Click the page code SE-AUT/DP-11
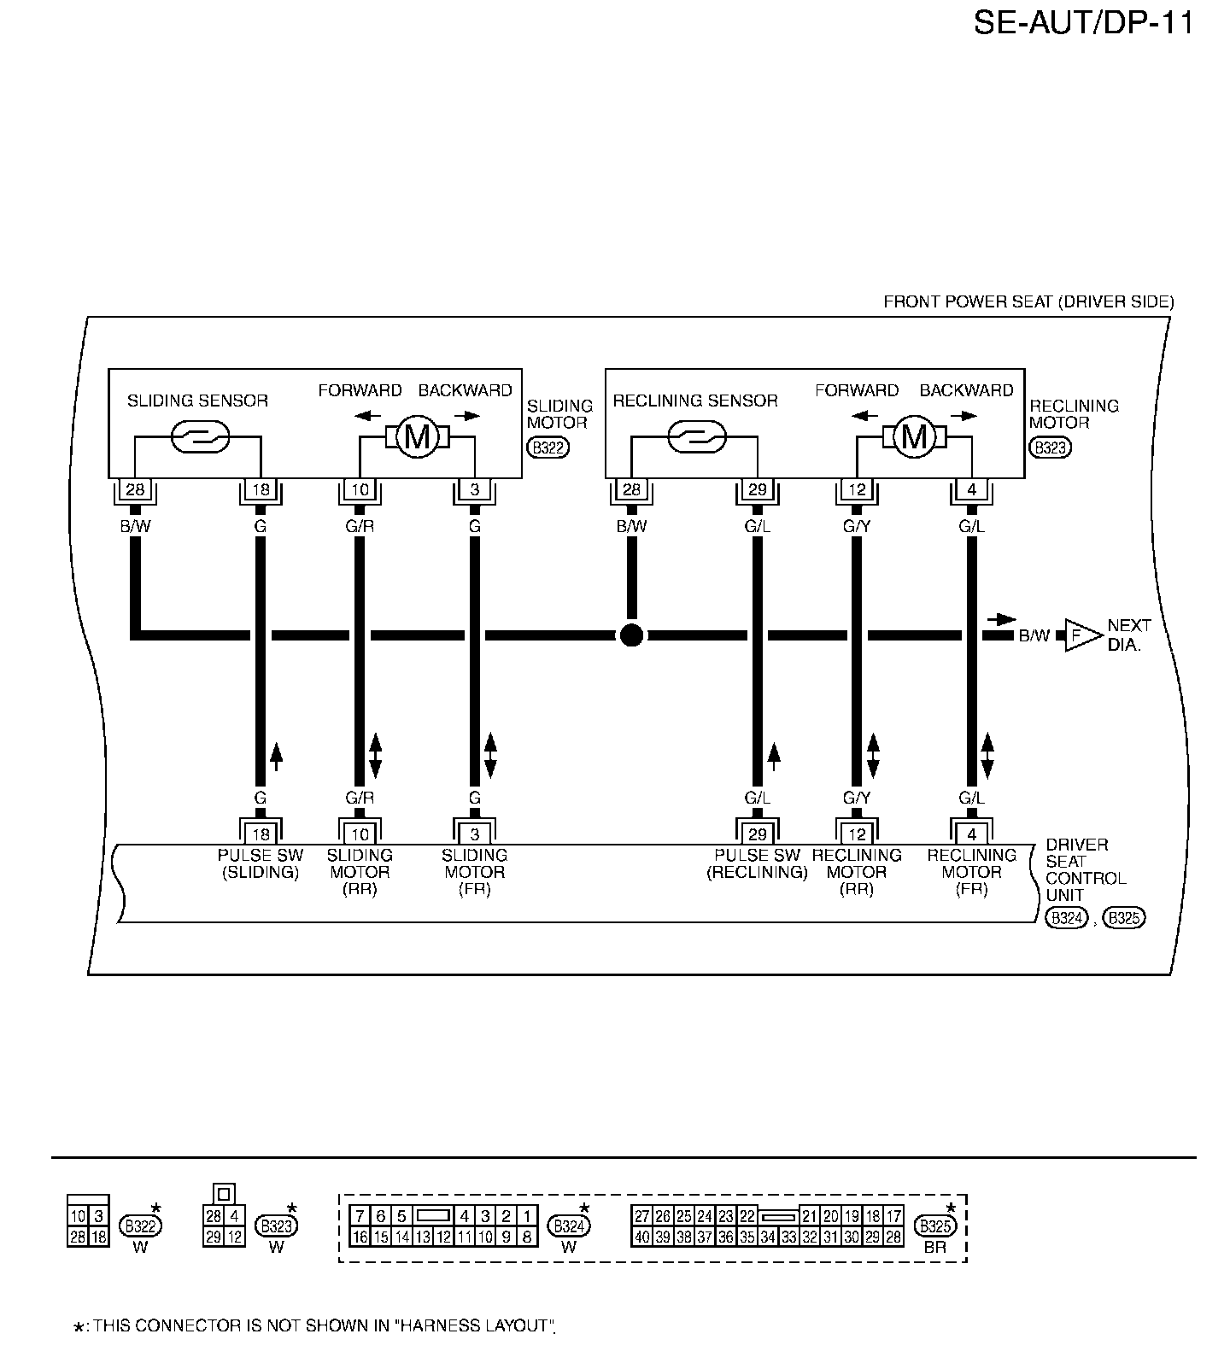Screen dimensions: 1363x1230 (x=1083, y=23)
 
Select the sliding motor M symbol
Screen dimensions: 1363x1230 (x=417, y=437)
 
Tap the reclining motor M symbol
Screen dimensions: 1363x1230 (x=914, y=437)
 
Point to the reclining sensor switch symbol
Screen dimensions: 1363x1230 (x=696, y=437)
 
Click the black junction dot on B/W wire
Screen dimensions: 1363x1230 (x=631, y=635)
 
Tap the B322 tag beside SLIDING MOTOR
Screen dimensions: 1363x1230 (x=548, y=448)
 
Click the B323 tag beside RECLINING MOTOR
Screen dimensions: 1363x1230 (x=1050, y=448)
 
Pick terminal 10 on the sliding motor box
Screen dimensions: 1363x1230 (x=360, y=490)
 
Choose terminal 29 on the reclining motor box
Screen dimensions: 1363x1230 (x=757, y=490)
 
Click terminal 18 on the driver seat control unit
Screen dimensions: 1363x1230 (x=261, y=834)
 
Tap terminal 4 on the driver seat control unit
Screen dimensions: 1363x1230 (x=971, y=834)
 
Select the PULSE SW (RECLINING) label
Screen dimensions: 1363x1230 (x=757, y=863)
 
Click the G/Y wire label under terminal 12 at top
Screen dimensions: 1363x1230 (x=857, y=527)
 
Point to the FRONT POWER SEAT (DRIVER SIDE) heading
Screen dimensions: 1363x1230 (x=1028, y=301)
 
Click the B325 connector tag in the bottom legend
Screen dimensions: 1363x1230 (x=935, y=1226)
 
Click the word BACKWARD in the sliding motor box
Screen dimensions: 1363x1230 (x=465, y=390)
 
